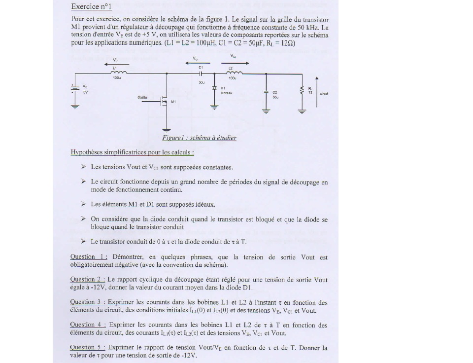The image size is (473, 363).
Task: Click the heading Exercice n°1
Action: tap(91, 6)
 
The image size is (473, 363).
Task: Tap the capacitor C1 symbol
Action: tap(201, 73)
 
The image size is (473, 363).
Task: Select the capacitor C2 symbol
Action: tap(266, 93)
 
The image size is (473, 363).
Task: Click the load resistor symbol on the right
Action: tap(302, 90)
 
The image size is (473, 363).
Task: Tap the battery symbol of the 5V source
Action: tap(75, 89)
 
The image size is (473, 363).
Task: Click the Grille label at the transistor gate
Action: tap(142, 98)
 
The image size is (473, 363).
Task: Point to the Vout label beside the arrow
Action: tap(324, 94)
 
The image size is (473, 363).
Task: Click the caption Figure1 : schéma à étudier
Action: tap(199, 138)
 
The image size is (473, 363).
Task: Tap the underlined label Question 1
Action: tap(89, 257)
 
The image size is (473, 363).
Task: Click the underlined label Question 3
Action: tap(88, 302)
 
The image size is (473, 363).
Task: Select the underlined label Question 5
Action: tap(88, 347)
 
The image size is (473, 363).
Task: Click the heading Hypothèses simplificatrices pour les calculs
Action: tap(132, 152)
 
